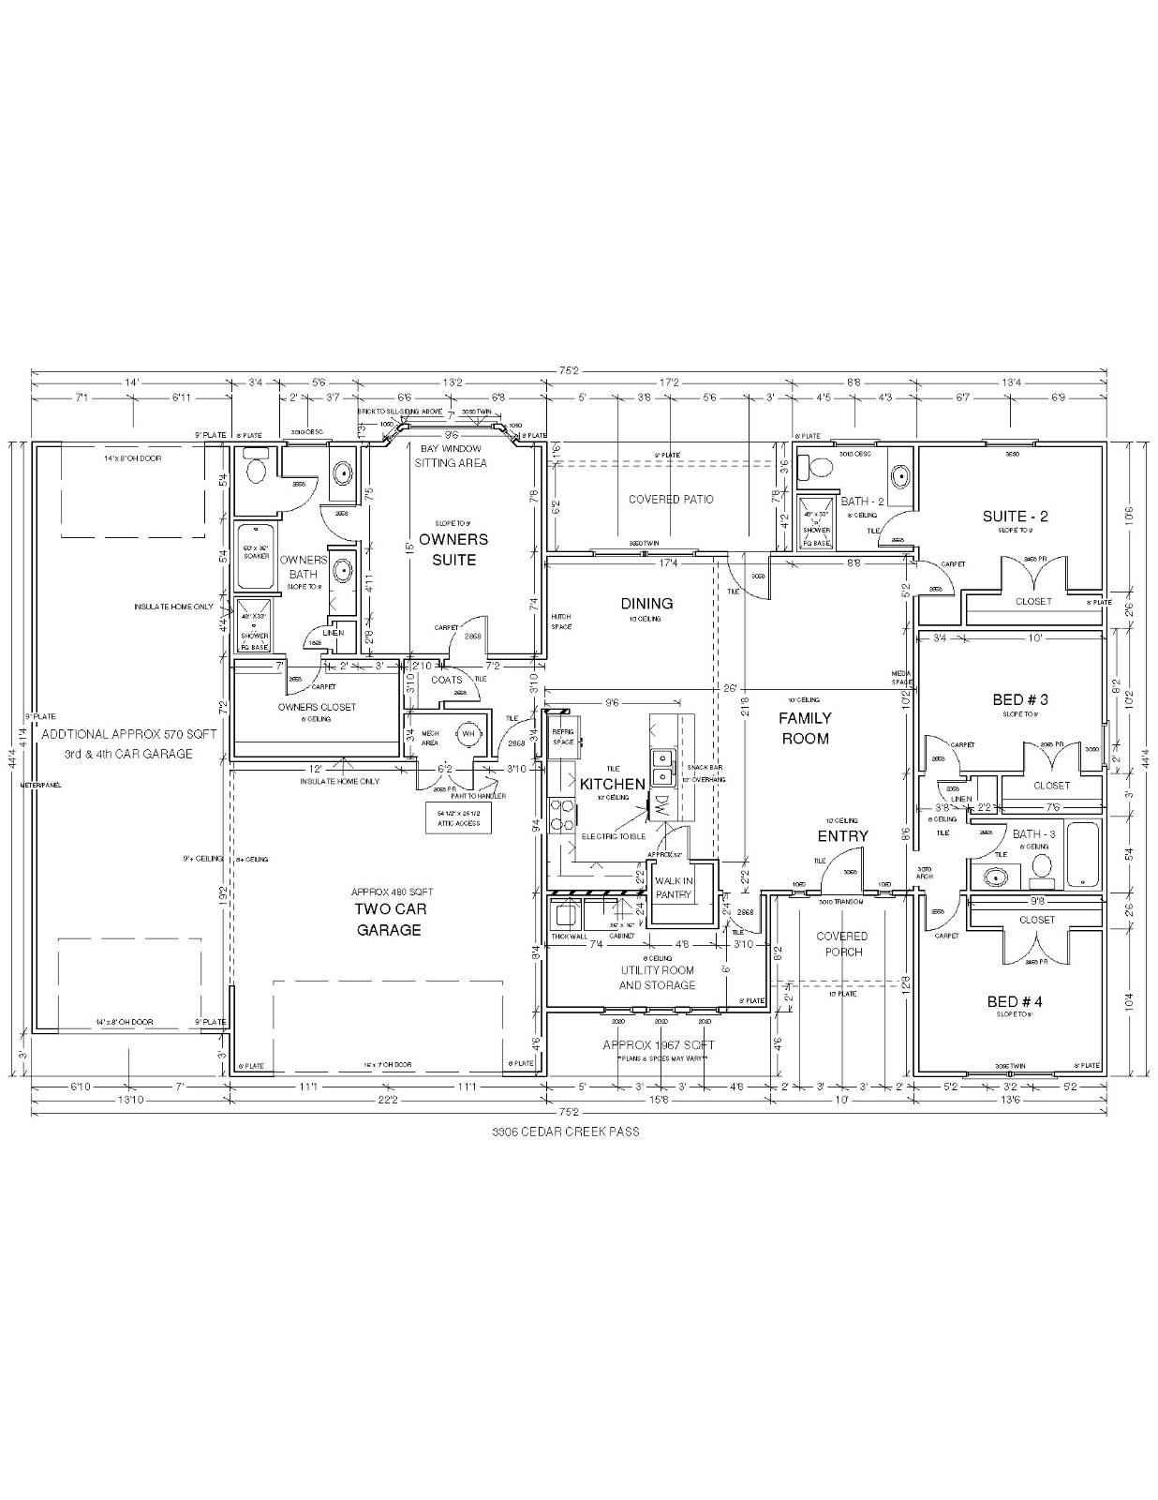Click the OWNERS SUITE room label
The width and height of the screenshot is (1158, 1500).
coord(453,550)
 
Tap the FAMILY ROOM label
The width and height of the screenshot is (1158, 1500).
coord(805,728)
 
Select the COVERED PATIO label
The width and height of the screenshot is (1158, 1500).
coord(670,500)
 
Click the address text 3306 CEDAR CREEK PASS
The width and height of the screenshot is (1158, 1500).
coord(565,1132)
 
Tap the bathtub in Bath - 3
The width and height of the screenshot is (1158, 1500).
coord(1081,854)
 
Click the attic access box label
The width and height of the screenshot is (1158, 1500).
coord(458,817)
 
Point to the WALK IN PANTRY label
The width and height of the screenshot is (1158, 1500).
coord(673,888)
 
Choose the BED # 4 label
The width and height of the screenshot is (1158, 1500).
coord(1014,1002)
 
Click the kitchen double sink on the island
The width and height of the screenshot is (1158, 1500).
coord(664,766)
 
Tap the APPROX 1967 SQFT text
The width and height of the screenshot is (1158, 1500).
coord(658,1044)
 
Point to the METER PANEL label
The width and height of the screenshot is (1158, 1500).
coord(41,785)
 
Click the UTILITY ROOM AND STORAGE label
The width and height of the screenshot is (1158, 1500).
coord(657,978)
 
